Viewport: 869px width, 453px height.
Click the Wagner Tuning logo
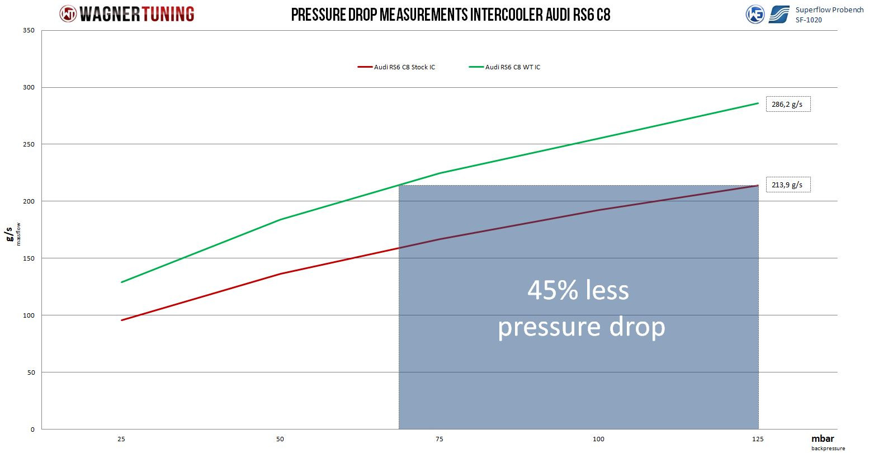point(127,13)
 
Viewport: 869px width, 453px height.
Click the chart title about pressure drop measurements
point(450,14)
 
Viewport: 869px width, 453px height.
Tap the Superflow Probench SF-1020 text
point(829,15)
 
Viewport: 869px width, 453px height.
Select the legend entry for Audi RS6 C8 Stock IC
point(396,67)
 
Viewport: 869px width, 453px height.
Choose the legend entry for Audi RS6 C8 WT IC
point(505,67)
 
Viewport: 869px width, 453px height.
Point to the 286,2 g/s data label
point(788,104)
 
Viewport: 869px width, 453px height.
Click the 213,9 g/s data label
point(788,185)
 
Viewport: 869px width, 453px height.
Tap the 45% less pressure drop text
point(580,308)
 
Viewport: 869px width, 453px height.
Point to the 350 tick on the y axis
point(30,31)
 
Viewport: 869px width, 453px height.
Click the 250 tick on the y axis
point(30,144)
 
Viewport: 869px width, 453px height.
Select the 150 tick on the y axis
point(30,258)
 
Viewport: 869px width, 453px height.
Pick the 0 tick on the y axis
point(32,430)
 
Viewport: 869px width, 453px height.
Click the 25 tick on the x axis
point(121,439)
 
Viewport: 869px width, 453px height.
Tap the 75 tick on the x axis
point(440,439)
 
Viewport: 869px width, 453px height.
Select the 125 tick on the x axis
point(758,439)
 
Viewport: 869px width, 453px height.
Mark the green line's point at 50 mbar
point(280,219)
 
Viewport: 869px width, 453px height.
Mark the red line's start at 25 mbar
point(121,320)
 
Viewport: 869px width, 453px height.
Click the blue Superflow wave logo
point(779,15)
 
